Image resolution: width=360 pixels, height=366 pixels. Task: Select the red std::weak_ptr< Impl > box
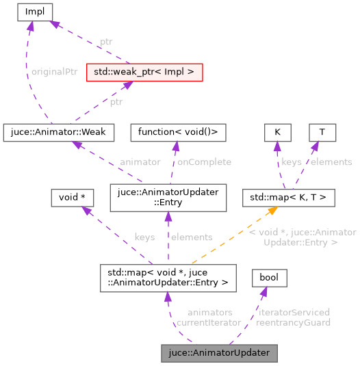click(x=144, y=71)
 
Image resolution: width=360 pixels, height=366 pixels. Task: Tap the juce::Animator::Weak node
click(x=58, y=130)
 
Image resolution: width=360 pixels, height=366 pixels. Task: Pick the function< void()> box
click(x=182, y=130)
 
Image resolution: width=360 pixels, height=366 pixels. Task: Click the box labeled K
click(x=277, y=130)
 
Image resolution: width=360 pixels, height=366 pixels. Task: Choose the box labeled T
click(x=322, y=130)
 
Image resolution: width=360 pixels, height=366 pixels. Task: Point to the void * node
click(x=72, y=198)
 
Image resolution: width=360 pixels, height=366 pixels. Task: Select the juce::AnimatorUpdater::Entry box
click(x=168, y=198)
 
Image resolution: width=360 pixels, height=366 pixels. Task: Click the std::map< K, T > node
click(x=289, y=198)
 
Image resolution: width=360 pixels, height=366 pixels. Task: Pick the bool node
click(x=270, y=278)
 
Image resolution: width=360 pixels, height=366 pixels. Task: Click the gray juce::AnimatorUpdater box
click(x=220, y=353)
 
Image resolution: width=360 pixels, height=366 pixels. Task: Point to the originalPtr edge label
click(x=55, y=72)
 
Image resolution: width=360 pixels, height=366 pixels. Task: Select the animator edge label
click(x=140, y=162)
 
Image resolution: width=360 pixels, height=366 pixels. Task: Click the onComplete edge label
click(x=204, y=162)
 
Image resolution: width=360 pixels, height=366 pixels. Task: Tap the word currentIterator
click(x=209, y=322)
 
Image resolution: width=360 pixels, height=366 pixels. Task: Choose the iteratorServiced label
click(x=294, y=312)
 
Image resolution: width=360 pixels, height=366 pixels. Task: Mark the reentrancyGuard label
click(x=294, y=322)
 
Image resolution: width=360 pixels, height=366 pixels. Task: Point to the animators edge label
click(x=209, y=312)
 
